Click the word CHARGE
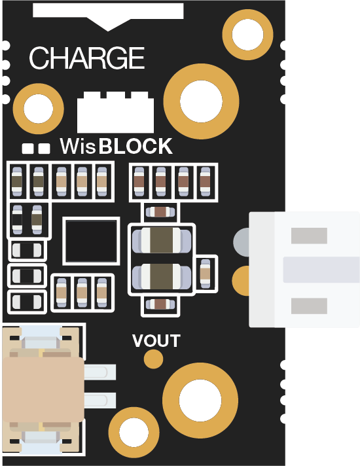[x=87, y=58]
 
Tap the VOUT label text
[x=156, y=341]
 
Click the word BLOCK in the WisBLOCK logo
[x=135, y=146]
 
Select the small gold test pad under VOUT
[x=153, y=359]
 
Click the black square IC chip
[x=91, y=241]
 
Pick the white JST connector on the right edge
[x=304, y=270]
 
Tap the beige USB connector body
[x=43, y=389]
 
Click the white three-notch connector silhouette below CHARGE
[x=115, y=112]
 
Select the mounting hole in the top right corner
[x=247, y=35]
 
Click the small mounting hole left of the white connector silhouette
[x=39, y=109]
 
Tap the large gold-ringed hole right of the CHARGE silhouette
[x=201, y=101]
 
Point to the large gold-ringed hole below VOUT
[x=200, y=401]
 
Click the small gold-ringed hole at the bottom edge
[x=134, y=433]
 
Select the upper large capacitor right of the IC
[x=162, y=240]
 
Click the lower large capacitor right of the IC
[x=162, y=276]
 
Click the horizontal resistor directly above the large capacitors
[x=160, y=212]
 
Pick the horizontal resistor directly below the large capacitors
[x=160, y=304]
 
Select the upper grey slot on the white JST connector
[x=309, y=236]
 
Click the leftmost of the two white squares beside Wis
[x=28, y=149]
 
